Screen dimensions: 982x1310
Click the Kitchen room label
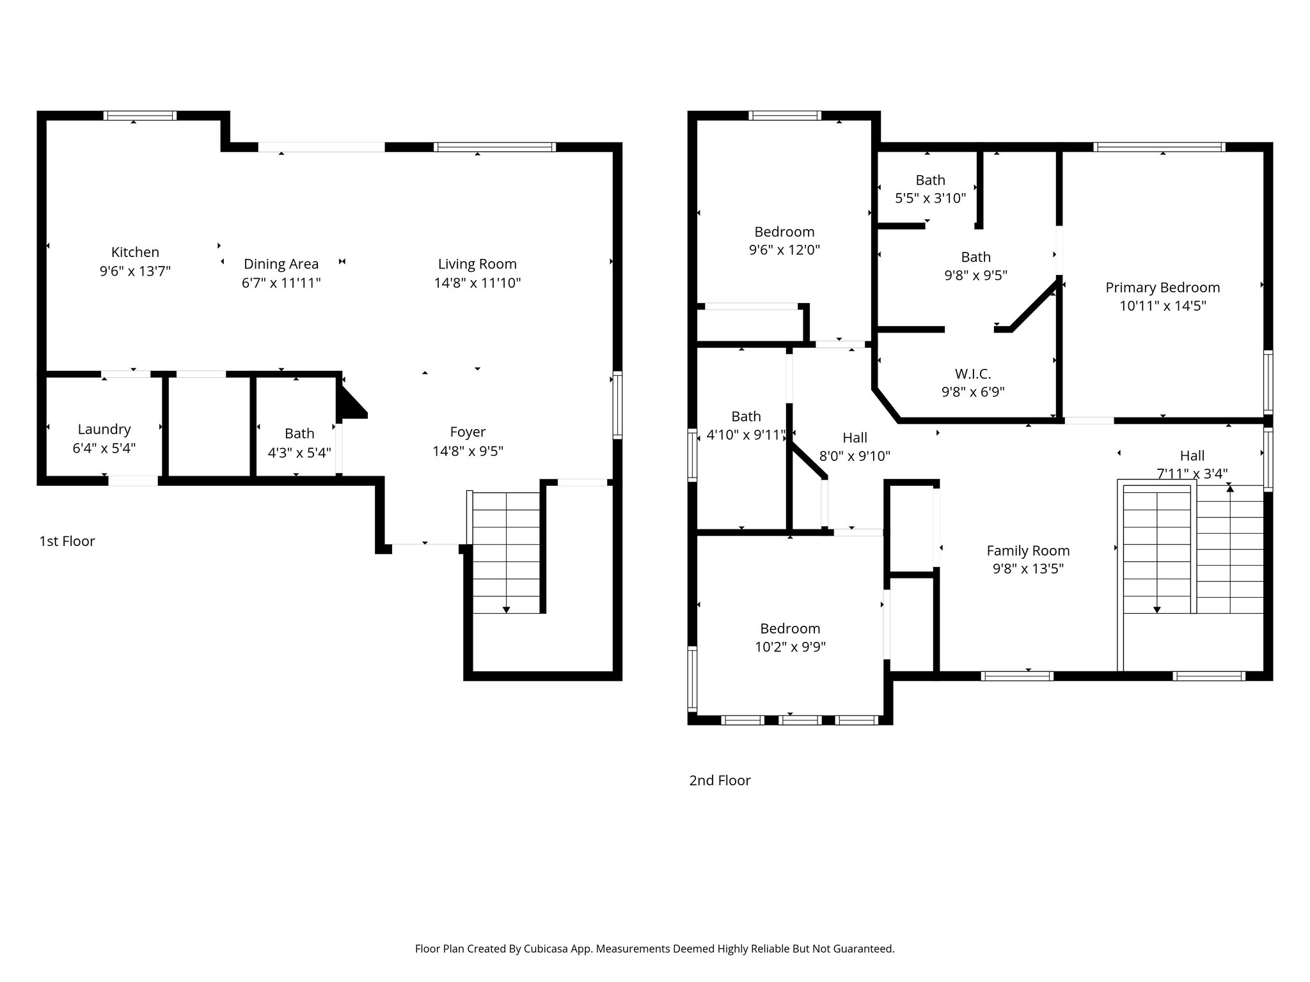point(135,253)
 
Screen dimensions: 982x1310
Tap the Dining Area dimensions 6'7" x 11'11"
point(281,283)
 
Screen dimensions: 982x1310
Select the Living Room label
point(477,264)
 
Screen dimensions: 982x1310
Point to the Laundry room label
point(104,430)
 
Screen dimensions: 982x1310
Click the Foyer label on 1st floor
point(468,432)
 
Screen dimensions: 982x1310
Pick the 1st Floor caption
point(67,542)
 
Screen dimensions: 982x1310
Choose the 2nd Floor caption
point(720,781)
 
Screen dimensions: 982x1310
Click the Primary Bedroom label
point(1162,288)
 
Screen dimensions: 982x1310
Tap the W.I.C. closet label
point(973,374)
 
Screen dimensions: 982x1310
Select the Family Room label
point(1028,550)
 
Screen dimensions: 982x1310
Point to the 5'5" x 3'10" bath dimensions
point(930,198)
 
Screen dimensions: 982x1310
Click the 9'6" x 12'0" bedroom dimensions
point(784,250)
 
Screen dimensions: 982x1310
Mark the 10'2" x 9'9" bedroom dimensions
point(790,647)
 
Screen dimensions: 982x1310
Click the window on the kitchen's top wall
point(140,116)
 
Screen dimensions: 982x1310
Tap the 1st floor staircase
point(507,552)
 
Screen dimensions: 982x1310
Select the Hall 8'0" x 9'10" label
point(855,438)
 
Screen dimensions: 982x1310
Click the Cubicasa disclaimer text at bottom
point(654,949)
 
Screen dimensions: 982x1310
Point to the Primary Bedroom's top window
point(1159,147)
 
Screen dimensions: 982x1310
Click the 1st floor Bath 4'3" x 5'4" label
point(299,433)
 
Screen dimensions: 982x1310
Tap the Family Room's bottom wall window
point(1017,676)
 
